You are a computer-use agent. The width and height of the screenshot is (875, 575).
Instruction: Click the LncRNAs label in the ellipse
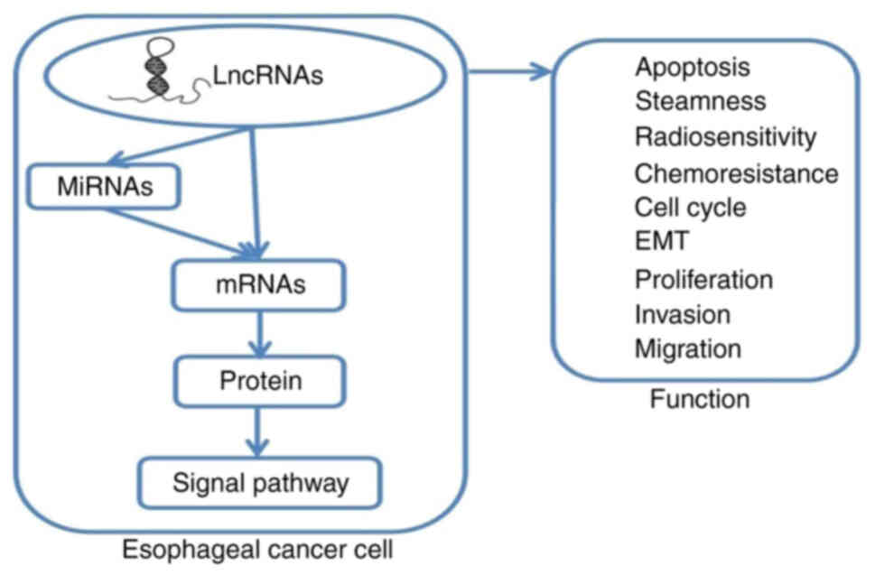click(268, 77)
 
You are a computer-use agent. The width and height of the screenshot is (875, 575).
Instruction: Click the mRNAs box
click(259, 285)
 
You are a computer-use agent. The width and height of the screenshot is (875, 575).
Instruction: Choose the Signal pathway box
click(259, 483)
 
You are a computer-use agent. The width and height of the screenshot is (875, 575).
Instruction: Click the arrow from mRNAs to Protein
click(260, 334)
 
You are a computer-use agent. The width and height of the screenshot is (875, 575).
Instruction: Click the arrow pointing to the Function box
click(510, 71)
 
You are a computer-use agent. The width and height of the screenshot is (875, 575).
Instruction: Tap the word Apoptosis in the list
click(692, 67)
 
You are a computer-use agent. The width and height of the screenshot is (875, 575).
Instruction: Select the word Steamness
click(699, 102)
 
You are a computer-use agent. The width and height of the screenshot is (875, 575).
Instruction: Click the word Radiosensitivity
click(725, 137)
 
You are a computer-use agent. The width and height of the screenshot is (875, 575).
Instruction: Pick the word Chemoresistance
click(736, 172)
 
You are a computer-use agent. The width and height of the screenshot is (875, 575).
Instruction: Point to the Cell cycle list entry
click(690, 207)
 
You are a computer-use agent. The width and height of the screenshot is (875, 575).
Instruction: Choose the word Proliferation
click(703, 278)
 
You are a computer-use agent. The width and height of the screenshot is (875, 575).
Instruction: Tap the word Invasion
click(682, 313)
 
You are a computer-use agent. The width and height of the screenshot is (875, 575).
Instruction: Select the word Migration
click(687, 348)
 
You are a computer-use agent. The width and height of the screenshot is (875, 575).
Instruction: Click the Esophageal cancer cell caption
click(259, 547)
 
